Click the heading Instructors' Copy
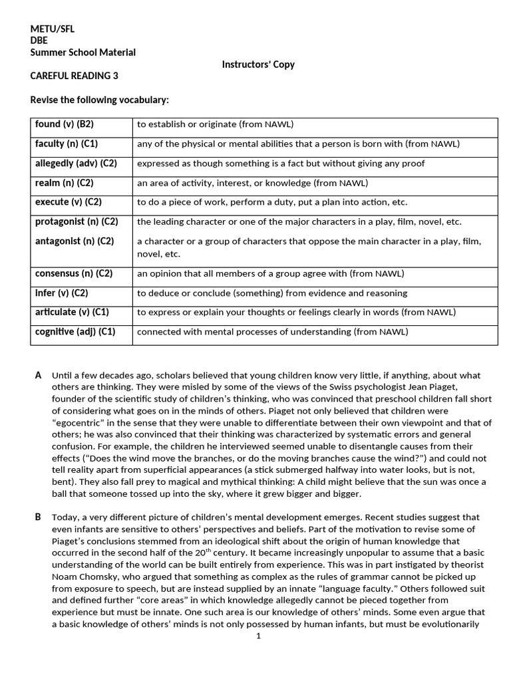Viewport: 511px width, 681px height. point(257,65)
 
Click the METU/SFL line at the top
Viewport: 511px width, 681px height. point(53,29)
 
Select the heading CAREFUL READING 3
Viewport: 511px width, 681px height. point(75,76)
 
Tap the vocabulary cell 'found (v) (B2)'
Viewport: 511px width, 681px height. point(65,124)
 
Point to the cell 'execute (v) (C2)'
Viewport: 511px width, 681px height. point(69,202)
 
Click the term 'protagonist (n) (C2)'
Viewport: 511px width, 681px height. point(77,221)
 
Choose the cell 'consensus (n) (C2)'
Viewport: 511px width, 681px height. point(74,273)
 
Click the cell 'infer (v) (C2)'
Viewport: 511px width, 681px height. point(62,293)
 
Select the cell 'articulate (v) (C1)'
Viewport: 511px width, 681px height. point(72,312)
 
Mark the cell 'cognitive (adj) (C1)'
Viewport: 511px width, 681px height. point(75,331)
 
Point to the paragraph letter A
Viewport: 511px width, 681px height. point(38,375)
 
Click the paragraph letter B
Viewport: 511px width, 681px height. point(38,517)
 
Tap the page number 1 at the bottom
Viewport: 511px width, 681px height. point(258,636)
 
